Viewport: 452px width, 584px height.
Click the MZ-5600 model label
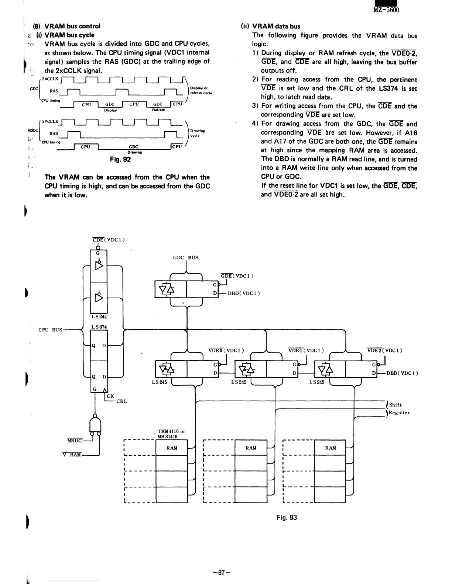tap(386, 10)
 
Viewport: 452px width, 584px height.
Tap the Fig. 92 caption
tap(120, 159)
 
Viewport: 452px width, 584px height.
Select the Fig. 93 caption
tap(287, 517)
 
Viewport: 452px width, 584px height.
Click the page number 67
tap(222, 573)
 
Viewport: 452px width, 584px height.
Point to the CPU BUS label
tap(50, 330)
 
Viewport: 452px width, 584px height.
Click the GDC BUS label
tap(186, 257)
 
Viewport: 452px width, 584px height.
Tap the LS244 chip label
tap(99, 316)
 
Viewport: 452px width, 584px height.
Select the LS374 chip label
tap(99, 327)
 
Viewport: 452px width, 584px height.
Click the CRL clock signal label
tap(121, 401)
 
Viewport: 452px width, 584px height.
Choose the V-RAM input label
tap(72, 455)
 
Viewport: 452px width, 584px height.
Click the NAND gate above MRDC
tap(96, 426)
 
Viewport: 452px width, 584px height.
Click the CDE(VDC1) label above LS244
tap(108, 240)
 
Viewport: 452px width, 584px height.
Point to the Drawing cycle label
tap(198, 133)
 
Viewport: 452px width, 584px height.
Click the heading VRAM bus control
tap(72, 26)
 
